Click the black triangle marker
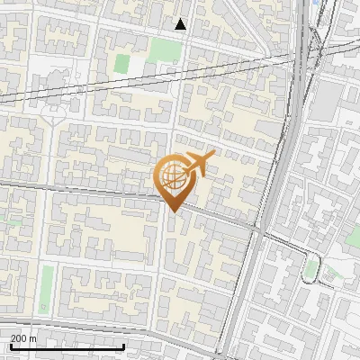pyautogui.click(x=181, y=24)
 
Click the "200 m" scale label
pyautogui.click(x=23, y=338)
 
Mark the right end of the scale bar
pyautogui.click(x=124, y=346)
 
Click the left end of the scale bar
pyautogui.click(x=10, y=346)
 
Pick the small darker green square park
pyautogui.click(x=121, y=64)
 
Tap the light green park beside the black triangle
pyautogui.click(x=164, y=49)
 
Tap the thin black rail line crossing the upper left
pyautogui.click(x=90, y=88)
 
